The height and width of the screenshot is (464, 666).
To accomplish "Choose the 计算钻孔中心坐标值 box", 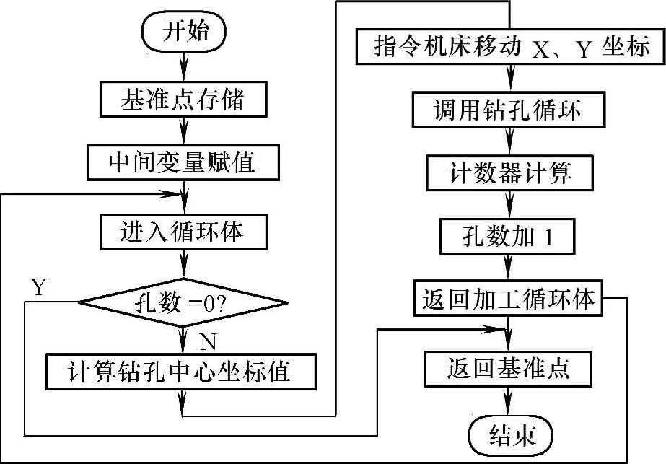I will [x=180, y=371].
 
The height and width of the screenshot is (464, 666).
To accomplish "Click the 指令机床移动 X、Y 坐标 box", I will [x=512, y=48].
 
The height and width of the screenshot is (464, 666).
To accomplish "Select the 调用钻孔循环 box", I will [x=512, y=111].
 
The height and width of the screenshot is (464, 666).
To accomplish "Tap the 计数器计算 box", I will [x=512, y=174].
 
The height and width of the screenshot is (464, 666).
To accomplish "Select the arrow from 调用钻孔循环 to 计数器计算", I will [x=512, y=142].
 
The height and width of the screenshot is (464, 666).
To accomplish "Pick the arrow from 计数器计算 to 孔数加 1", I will [x=512, y=205].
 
